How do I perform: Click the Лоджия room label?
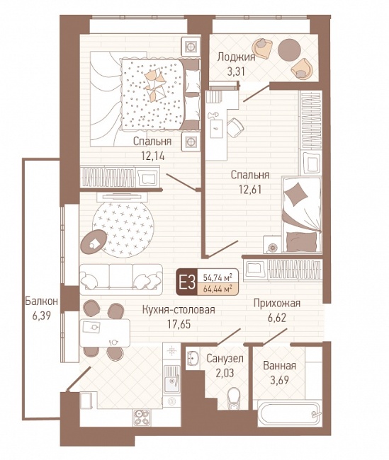point(236,57)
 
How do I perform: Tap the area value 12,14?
point(153,156)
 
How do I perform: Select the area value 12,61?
point(250,190)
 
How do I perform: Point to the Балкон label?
point(41,301)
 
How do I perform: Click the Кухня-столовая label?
point(179,310)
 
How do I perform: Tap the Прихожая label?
point(277,304)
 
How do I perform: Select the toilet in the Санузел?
point(234,398)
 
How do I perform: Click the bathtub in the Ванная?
point(289,414)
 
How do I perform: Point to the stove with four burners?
point(142,418)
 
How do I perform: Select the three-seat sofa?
point(121,280)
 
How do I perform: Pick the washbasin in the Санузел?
point(193,357)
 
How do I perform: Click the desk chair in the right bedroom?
point(235,127)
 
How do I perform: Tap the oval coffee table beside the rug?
point(94,242)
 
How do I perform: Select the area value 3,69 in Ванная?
point(279,380)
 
